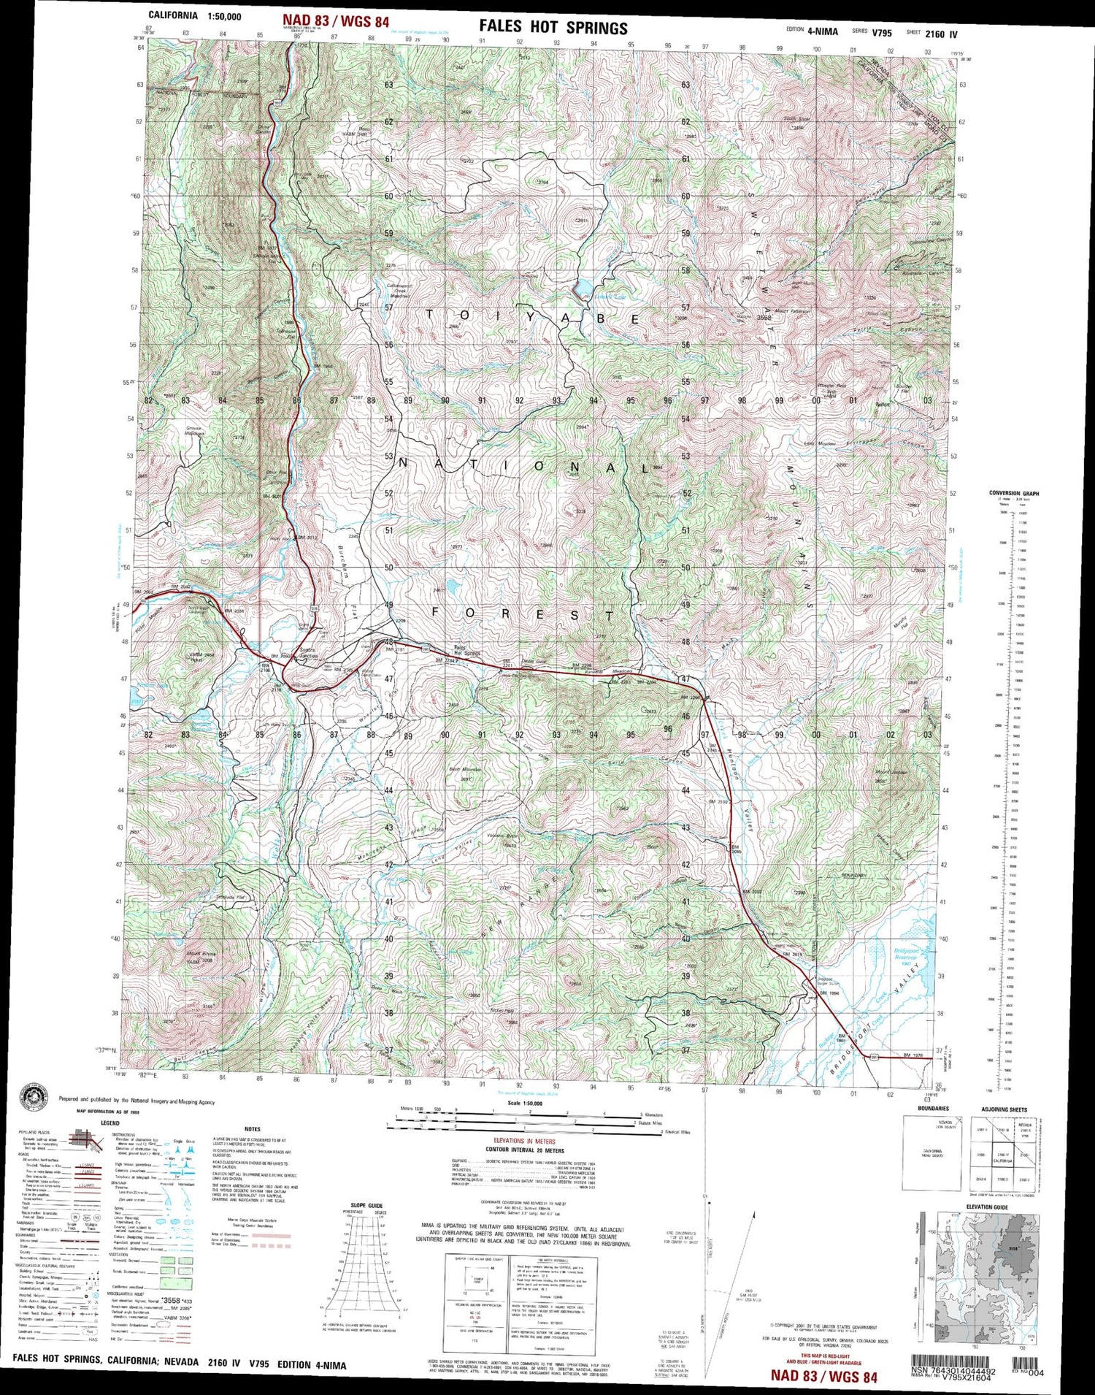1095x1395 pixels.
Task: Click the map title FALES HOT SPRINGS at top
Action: pos(553,28)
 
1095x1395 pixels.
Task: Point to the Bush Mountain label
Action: pos(464,770)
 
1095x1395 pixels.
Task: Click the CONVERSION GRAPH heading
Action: pos(1014,493)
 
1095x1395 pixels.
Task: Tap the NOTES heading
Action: pos(253,1129)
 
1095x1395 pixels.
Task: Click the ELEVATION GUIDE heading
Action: pos(987,1207)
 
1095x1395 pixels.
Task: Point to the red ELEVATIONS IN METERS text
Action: pos(523,1141)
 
